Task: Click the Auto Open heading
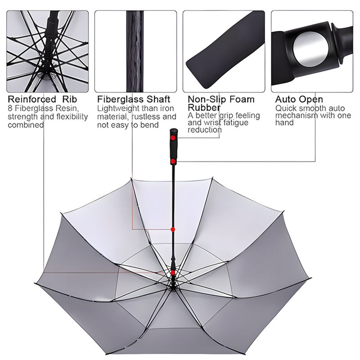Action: (x=299, y=99)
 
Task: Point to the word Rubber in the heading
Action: (x=204, y=108)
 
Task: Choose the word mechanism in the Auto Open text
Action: (x=296, y=116)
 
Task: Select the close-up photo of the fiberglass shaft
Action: (x=135, y=51)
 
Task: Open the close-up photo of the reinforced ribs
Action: (x=48, y=51)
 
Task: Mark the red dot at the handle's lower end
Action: (x=173, y=161)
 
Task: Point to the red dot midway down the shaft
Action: (x=173, y=229)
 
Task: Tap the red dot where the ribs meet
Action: (x=173, y=273)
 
